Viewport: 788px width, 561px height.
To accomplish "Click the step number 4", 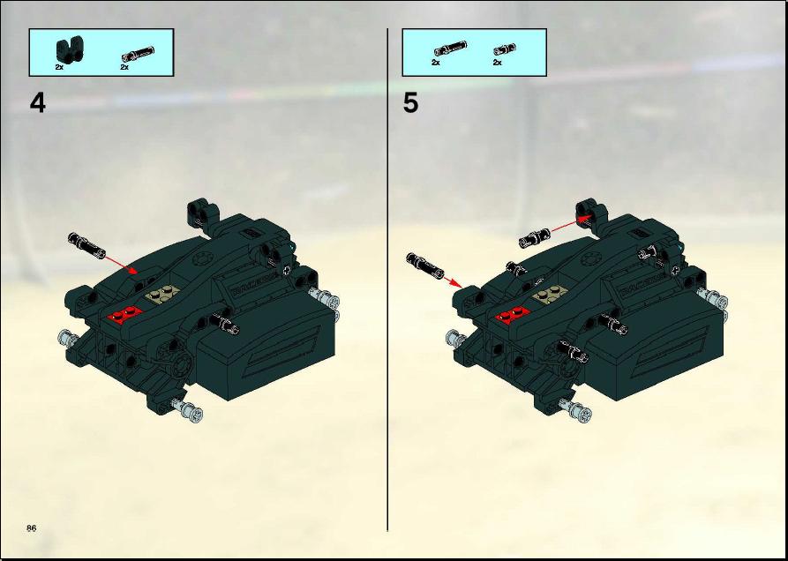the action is (x=38, y=104).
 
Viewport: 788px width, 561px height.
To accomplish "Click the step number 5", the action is (x=410, y=104).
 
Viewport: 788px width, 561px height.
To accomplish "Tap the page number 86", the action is (x=32, y=527).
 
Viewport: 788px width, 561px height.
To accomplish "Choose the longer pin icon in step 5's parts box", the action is (x=450, y=49).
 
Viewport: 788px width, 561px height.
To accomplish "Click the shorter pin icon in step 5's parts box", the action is (x=505, y=49).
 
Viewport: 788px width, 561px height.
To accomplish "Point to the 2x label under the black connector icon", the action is (x=59, y=66).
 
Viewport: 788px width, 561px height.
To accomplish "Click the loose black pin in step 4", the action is (x=86, y=244).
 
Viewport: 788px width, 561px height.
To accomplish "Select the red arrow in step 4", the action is (x=121, y=265).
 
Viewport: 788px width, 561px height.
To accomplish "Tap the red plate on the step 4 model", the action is (x=124, y=314).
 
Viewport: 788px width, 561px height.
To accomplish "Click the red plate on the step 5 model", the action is (x=513, y=315).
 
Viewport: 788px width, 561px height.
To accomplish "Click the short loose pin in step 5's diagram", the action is (x=536, y=237).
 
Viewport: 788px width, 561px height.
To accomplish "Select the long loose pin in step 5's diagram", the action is (x=424, y=266).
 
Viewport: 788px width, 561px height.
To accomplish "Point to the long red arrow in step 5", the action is (x=572, y=224).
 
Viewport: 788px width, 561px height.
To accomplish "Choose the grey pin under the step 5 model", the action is (x=575, y=408).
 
